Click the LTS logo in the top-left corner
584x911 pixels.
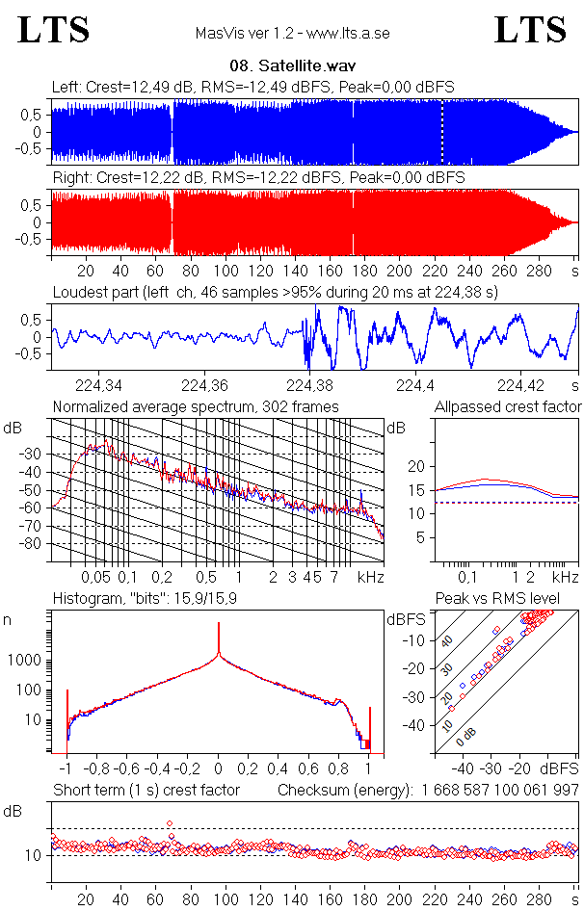tap(54, 30)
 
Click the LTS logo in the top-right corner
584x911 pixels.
tap(530, 30)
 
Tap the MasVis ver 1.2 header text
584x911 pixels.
tap(292, 33)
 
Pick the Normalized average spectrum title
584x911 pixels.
tap(196, 407)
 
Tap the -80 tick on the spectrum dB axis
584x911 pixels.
tap(31, 544)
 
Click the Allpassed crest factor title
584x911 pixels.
tap(508, 407)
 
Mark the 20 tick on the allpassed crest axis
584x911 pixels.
tap(417, 466)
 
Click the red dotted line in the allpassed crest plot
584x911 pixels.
tap(501, 503)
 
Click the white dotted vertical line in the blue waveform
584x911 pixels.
tap(442, 132)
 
